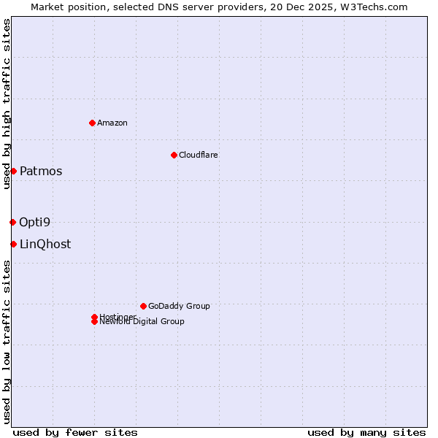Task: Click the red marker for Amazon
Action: (x=92, y=123)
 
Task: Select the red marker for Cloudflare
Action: (x=174, y=155)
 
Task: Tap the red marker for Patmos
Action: (x=13, y=171)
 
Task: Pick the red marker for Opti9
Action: (x=12, y=222)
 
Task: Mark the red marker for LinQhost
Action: (x=13, y=244)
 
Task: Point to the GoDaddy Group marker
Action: (x=143, y=306)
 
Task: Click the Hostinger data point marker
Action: (x=95, y=317)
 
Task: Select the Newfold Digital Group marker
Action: (x=95, y=322)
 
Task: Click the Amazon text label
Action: (x=112, y=123)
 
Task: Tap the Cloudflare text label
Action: (x=199, y=155)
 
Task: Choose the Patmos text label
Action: (x=41, y=172)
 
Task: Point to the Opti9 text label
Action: (x=35, y=223)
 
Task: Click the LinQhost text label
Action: (x=45, y=245)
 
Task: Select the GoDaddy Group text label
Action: (x=179, y=306)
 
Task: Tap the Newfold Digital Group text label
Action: (x=142, y=322)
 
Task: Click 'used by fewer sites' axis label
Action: (x=75, y=432)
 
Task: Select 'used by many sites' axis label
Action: (x=366, y=432)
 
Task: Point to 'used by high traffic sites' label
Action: (x=7, y=104)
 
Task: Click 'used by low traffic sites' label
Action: (x=7, y=341)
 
